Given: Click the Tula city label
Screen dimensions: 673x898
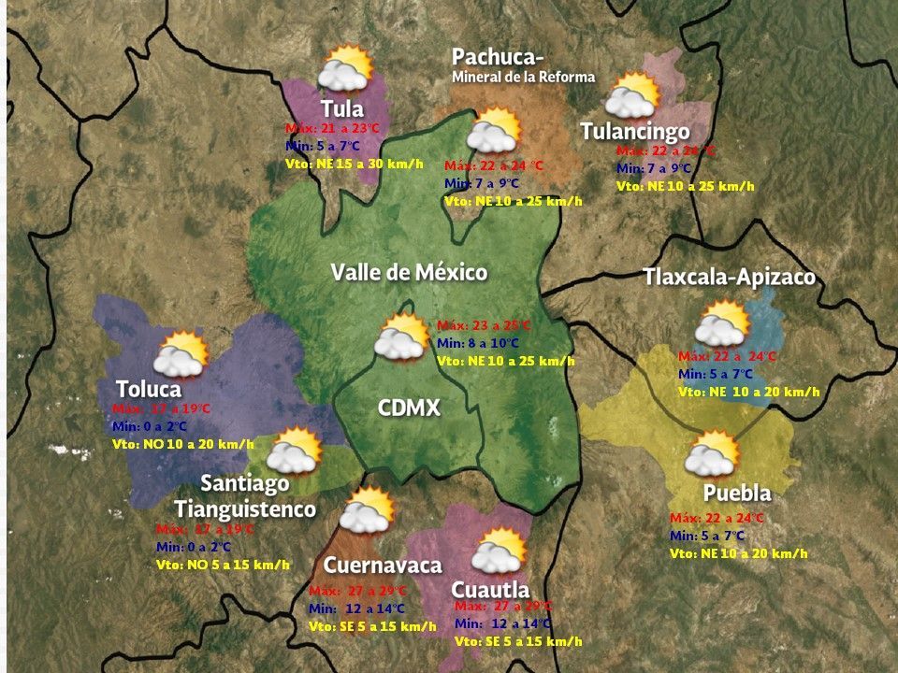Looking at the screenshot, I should coord(341,107).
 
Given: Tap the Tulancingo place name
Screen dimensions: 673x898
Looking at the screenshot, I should coord(635,131).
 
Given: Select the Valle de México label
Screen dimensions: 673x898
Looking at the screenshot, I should coord(409,273).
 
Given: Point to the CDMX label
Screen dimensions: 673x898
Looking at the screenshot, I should coord(409,408).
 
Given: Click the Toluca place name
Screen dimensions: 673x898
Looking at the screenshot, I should coord(148,389).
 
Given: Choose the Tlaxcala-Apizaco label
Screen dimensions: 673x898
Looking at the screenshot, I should coord(729,278).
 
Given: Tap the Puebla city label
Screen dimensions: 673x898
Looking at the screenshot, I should coord(737,494).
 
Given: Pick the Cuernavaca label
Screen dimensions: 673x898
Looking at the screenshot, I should coord(383,566).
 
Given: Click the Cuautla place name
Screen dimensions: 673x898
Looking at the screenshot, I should coord(490,590).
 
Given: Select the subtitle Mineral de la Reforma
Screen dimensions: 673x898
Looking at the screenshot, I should coord(523,77).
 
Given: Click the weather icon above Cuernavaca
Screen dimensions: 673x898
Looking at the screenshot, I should coord(366,511).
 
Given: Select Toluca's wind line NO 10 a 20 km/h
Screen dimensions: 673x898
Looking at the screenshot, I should coord(182,444).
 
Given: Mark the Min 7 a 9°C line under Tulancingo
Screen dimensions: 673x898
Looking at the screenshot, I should coord(653,168).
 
